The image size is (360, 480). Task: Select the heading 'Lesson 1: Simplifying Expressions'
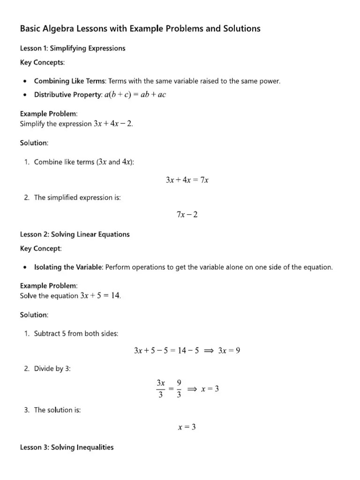[x=73, y=48]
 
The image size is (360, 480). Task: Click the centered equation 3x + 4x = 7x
[x=187, y=180]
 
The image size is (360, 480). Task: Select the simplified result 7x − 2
[x=187, y=214]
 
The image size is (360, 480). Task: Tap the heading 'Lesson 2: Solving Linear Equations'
[x=75, y=234]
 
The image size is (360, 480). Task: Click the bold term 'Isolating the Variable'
[x=68, y=267]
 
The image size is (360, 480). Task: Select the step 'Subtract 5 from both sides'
[x=76, y=333]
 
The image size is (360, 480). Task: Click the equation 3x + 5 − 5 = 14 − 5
[x=167, y=350]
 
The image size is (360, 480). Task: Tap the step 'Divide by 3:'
[x=52, y=368]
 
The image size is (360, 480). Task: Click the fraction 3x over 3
[x=161, y=389]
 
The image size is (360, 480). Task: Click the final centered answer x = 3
[x=187, y=427]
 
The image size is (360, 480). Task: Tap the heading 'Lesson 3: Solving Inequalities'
[x=67, y=447]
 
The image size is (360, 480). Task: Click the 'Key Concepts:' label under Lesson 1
[x=43, y=62]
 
